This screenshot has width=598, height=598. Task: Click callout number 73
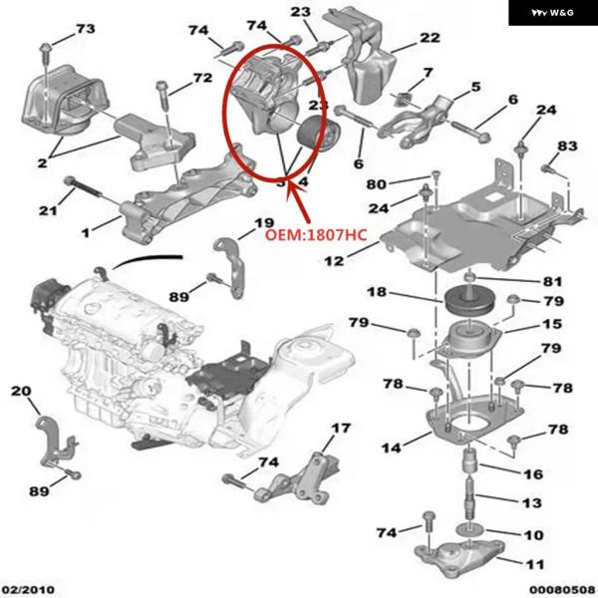(x=85, y=29)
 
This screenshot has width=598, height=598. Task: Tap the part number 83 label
(x=566, y=146)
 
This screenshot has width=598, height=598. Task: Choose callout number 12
(x=333, y=260)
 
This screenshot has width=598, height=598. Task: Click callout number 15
(x=551, y=325)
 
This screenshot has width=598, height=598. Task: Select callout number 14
(x=393, y=448)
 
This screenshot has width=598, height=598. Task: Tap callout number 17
(x=342, y=429)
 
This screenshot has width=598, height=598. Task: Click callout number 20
(x=20, y=393)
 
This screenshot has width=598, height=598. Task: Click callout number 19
(x=263, y=223)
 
